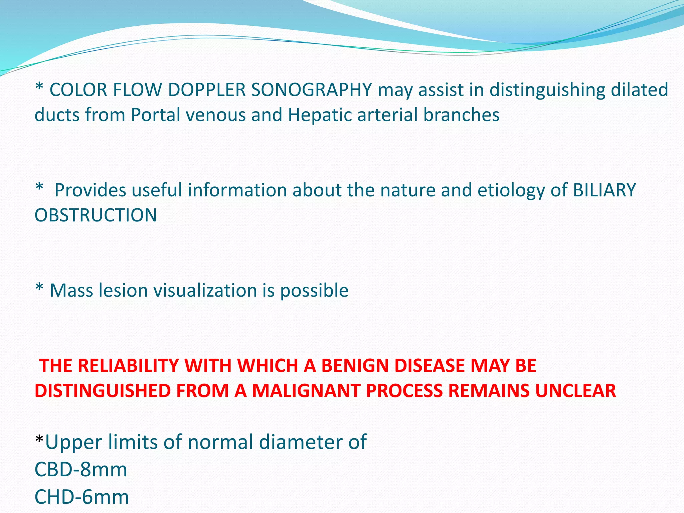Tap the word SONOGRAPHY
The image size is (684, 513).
311,90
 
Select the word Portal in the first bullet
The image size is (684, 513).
155,115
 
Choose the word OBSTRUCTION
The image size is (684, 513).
96,215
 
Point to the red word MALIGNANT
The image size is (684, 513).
306,391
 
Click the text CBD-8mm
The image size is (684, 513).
81,470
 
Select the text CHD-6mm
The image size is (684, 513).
81,497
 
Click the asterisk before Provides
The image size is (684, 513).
39,188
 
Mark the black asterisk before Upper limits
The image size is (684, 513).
39,440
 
